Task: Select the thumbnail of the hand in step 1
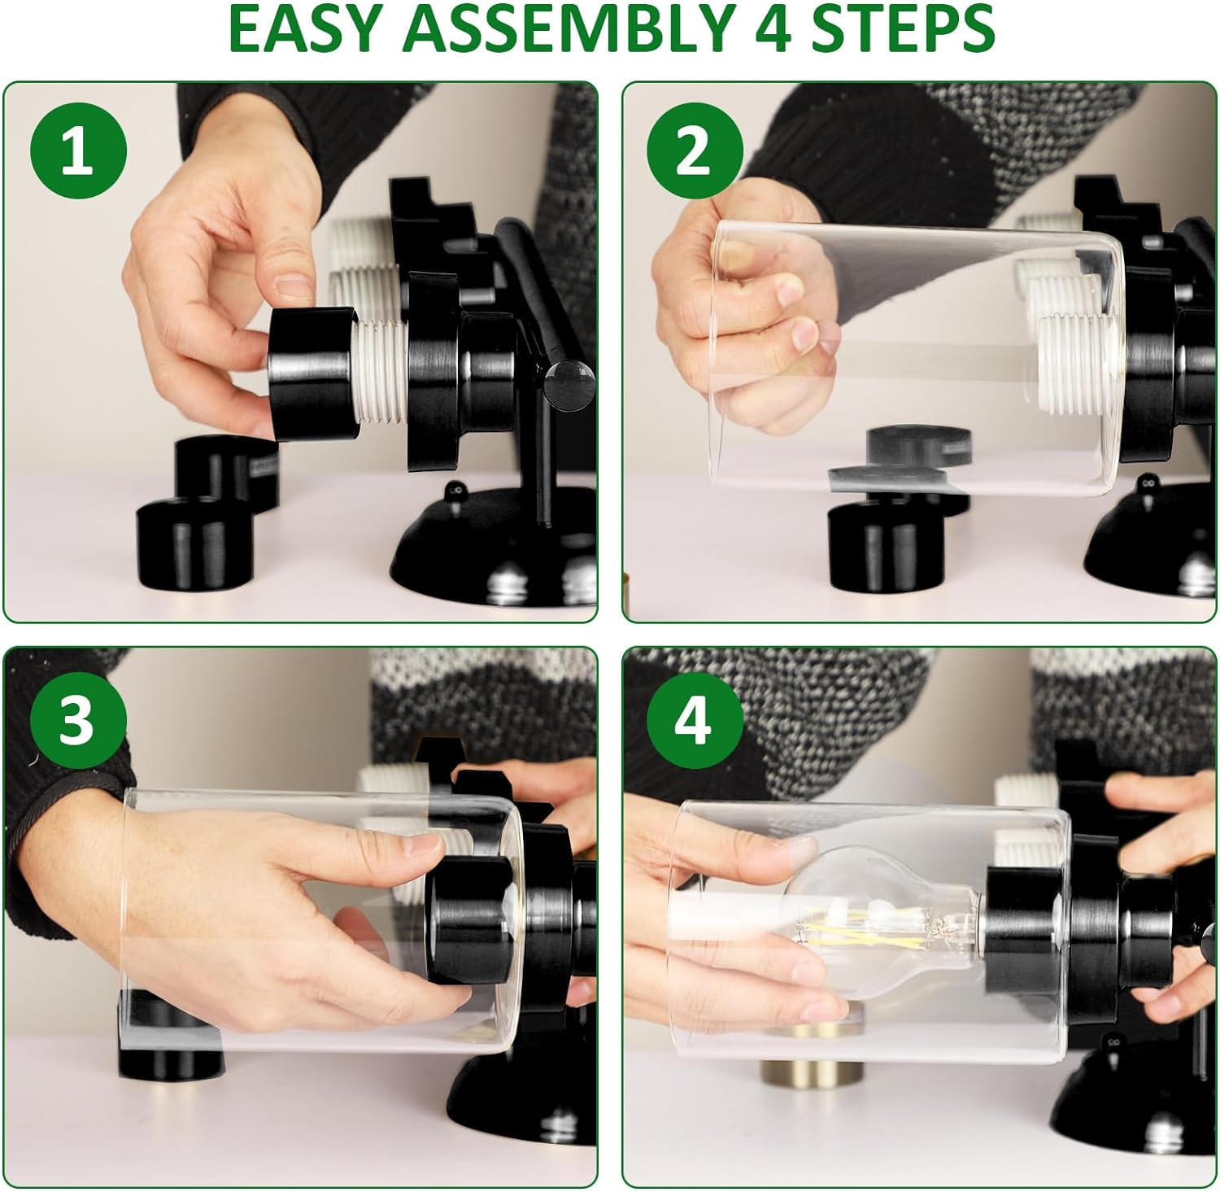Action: (292, 286)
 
